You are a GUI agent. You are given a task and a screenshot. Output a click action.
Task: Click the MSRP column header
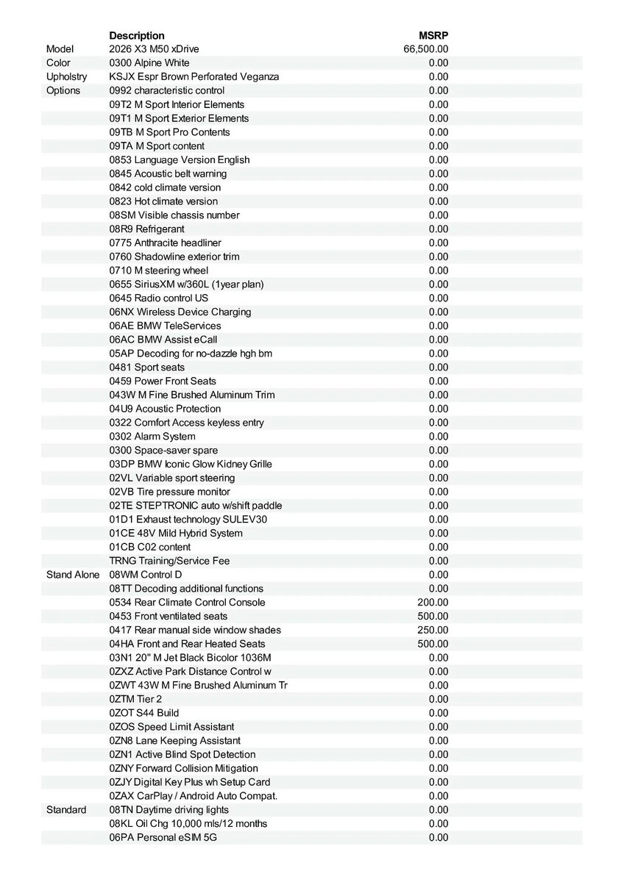click(x=433, y=35)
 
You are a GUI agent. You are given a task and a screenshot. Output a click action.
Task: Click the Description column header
click(x=137, y=35)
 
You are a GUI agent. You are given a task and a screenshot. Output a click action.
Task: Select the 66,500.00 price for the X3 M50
click(x=426, y=49)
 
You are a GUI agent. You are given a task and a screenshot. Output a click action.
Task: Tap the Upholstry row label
click(x=66, y=76)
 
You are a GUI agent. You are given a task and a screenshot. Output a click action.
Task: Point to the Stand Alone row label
click(x=73, y=575)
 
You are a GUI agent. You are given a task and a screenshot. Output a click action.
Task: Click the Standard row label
click(x=66, y=810)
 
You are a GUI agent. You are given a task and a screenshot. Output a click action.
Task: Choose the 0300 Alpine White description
click(x=149, y=63)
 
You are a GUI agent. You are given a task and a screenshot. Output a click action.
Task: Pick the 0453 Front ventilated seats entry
click(x=169, y=617)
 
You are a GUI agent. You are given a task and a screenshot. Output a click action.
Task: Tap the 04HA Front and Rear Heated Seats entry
click(x=188, y=644)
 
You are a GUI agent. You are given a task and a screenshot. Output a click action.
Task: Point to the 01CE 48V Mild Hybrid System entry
click(x=176, y=534)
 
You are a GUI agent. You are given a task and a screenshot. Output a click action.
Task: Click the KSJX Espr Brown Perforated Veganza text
click(x=194, y=76)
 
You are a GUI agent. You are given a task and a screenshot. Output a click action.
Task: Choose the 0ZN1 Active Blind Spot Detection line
click(x=182, y=755)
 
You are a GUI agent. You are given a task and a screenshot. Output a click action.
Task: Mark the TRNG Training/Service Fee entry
click(x=170, y=562)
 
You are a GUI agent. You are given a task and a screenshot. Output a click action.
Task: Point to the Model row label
click(x=60, y=49)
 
